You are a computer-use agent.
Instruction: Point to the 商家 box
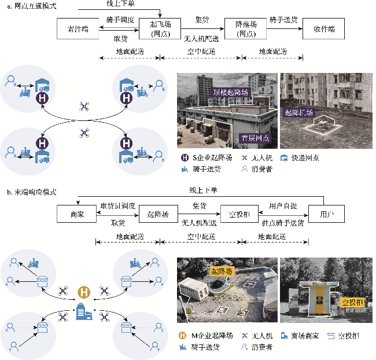76,214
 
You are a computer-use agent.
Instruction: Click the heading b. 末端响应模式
31,192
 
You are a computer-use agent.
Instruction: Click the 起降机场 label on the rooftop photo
300,113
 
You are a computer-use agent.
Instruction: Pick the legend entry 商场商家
304,336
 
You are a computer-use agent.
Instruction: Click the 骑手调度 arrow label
120,19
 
